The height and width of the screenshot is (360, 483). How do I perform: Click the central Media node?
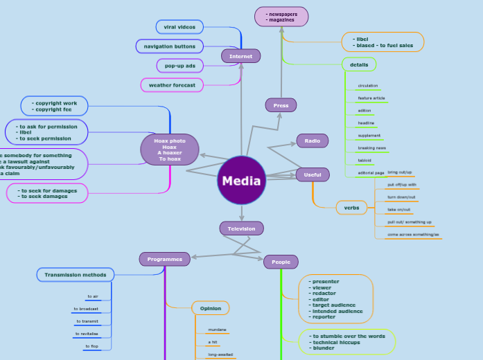pos(241,181)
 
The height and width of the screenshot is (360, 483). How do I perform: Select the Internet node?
pos(240,56)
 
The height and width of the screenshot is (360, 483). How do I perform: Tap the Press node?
pos(281,105)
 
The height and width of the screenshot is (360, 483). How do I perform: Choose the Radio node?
pos(312,141)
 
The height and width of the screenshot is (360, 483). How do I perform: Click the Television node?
pos(241,228)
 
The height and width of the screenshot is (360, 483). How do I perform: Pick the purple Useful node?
pos(313,174)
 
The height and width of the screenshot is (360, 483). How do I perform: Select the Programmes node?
pos(164,259)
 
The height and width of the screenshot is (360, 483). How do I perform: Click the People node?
pos(281,262)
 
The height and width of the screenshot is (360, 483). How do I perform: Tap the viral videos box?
pos(179,27)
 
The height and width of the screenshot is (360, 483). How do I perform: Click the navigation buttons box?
pos(170,46)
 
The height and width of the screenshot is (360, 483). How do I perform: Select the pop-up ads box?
pos(179,65)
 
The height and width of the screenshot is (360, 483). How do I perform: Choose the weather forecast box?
pos(172,85)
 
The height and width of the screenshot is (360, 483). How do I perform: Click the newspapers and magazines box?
pos(281,17)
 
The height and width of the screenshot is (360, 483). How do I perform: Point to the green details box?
pos(359,64)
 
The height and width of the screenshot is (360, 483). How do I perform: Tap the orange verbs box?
pos(351,208)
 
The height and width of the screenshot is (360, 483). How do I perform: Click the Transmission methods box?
pos(76,275)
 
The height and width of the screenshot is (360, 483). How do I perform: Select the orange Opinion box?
pos(210,308)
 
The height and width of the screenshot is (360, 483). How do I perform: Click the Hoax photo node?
pos(170,150)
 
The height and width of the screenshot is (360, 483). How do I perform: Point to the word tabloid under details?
pos(365,161)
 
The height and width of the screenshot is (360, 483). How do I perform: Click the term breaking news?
pos(371,148)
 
